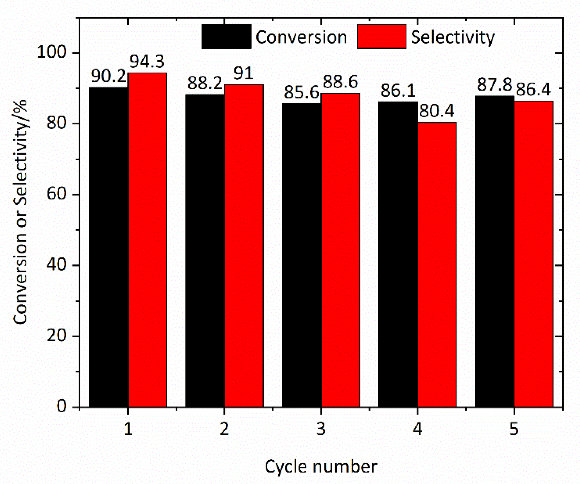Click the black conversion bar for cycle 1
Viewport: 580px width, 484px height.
[108, 247]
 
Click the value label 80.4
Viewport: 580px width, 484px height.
[437, 111]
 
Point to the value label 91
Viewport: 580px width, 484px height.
[243, 73]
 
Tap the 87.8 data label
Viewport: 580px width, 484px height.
[494, 85]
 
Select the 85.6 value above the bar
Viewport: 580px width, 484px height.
[301, 93]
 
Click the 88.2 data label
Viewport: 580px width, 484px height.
[205, 83]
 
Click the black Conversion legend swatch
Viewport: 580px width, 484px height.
[226, 36]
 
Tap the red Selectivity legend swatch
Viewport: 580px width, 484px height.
[382, 36]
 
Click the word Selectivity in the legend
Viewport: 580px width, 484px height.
[453, 37]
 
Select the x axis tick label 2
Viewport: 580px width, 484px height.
[224, 429]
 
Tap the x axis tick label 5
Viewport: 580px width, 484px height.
[514, 429]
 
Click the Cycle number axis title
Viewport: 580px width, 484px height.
[321, 467]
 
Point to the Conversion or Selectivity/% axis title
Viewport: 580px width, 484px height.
[20, 212]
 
